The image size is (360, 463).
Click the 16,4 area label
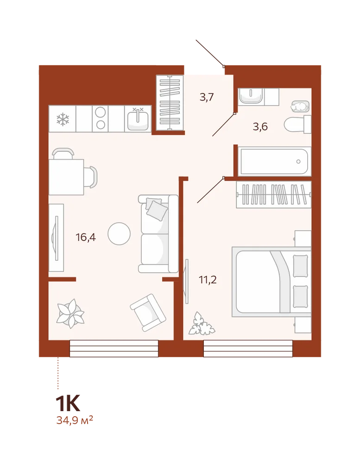[86, 237]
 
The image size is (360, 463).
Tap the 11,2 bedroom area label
[208, 279]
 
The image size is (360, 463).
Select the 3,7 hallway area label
[207, 97]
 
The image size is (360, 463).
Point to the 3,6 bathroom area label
[260, 127]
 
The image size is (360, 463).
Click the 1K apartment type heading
[68, 404]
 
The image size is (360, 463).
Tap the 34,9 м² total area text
[75, 419]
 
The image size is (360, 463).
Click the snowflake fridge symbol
[63, 119]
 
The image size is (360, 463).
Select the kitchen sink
[138, 119]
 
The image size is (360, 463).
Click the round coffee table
[119, 233]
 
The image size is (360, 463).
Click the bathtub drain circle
[298, 162]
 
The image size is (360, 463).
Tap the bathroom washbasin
[250, 96]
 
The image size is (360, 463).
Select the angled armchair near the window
[148, 313]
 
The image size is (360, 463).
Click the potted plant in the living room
[70, 313]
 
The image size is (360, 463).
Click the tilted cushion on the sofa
[157, 211]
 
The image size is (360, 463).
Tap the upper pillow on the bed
[300, 266]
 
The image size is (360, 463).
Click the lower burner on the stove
[101, 125]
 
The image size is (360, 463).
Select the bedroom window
[248, 349]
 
